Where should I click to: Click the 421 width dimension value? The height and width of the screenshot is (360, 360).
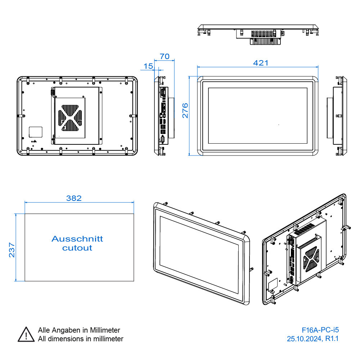click(x=261, y=63)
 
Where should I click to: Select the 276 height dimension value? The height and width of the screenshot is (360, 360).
click(x=185, y=111)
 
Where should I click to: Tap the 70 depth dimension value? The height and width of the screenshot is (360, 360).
click(x=165, y=57)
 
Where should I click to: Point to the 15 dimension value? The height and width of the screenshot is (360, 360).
click(x=148, y=66)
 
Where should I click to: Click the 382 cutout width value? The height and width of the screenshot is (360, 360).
click(x=74, y=198)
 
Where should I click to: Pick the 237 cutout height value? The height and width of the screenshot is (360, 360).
click(x=12, y=249)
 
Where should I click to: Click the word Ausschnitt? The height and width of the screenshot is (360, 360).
click(x=77, y=239)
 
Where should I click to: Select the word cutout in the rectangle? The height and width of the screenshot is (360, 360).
click(x=77, y=248)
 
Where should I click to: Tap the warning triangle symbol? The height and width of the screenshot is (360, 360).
click(x=26, y=334)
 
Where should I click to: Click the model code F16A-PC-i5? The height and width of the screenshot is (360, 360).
click(x=320, y=329)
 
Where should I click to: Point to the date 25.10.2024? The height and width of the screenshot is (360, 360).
click(x=305, y=338)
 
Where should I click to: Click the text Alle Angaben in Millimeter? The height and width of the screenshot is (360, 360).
click(x=79, y=330)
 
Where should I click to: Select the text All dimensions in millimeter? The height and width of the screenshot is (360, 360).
click(x=81, y=339)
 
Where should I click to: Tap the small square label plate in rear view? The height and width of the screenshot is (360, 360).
click(x=35, y=132)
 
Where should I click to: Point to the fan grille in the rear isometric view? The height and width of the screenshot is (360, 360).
click(x=310, y=260)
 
